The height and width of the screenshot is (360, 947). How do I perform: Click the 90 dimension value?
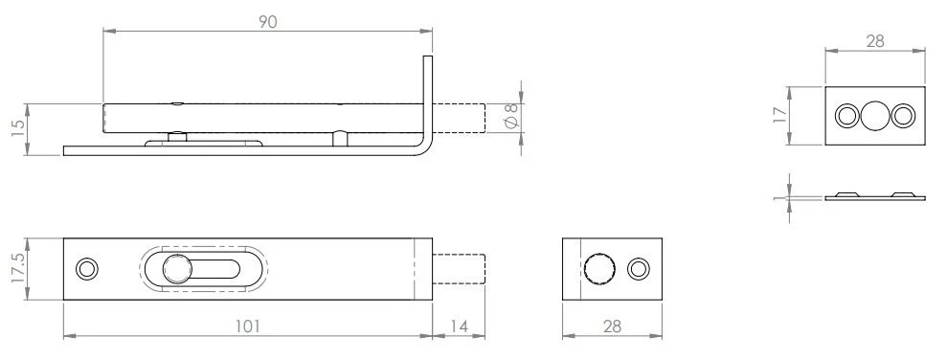point(267,22)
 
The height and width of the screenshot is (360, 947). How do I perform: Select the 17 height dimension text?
point(779,115)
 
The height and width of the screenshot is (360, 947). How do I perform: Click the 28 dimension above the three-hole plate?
point(874,42)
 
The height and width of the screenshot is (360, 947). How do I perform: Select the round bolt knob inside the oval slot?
point(176,269)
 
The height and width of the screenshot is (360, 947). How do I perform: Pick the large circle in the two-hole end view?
point(598,269)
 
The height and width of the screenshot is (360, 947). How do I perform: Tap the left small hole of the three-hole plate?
point(847,116)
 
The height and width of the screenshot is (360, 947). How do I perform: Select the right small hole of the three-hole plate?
point(903,116)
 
